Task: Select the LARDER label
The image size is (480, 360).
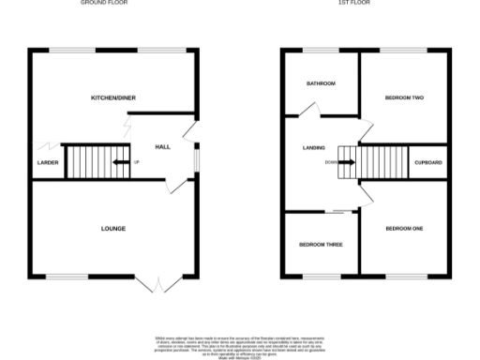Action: click(47, 163)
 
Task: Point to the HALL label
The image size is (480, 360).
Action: click(162, 147)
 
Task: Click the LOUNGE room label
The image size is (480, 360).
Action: click(113, 228)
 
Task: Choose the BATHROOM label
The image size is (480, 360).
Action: click(321, 83)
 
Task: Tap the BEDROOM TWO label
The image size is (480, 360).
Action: click(404, 97)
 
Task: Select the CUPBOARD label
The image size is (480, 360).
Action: click(428, 163)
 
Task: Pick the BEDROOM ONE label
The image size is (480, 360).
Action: click(404, 228)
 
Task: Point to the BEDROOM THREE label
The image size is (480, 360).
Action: click(321, 245)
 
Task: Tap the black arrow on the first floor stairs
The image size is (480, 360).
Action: click(346, 162)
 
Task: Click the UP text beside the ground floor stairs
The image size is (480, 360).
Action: click(137, 163)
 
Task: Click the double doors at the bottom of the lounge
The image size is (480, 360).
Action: click(157, 284)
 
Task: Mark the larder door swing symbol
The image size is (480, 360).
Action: click(45, 146)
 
